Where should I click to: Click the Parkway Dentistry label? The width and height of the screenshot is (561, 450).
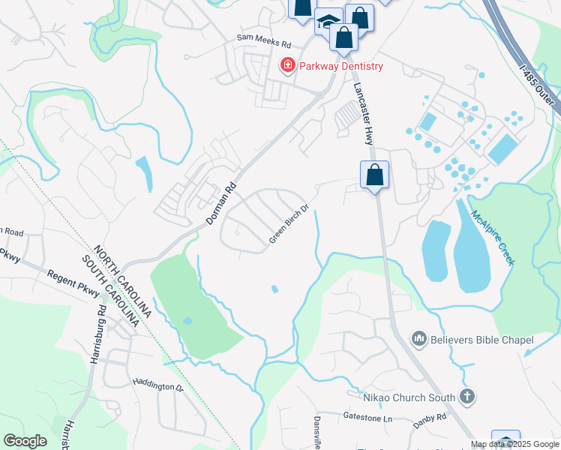click(341, 66)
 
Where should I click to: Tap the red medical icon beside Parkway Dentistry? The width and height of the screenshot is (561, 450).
click(286, 66)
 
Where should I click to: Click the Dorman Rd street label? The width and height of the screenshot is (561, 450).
click(221, 204)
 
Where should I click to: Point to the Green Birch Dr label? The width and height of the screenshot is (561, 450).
click(289, 223)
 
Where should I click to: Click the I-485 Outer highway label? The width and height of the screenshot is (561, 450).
click(538, 75)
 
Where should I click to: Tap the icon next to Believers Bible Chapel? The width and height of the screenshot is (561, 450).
click(419, 340)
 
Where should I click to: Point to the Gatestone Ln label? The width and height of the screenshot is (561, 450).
click(367, 416)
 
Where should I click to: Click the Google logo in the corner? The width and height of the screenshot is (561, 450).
click(25, 441)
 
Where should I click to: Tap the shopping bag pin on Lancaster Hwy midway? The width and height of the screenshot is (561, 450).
click(374, 175)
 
